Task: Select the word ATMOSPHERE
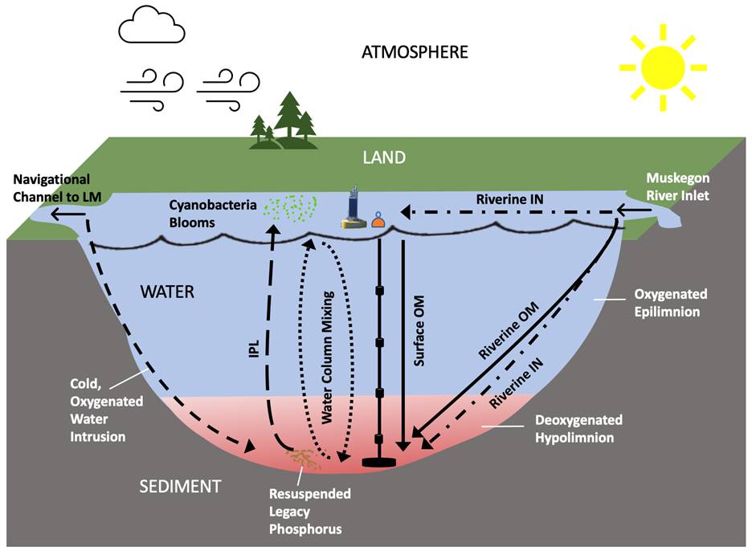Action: [x=415, y=53]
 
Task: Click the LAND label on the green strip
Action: [x=383, y=157]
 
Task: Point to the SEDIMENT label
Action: [x=180, y=486]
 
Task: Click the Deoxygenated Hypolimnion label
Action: [x=579, y=429]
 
